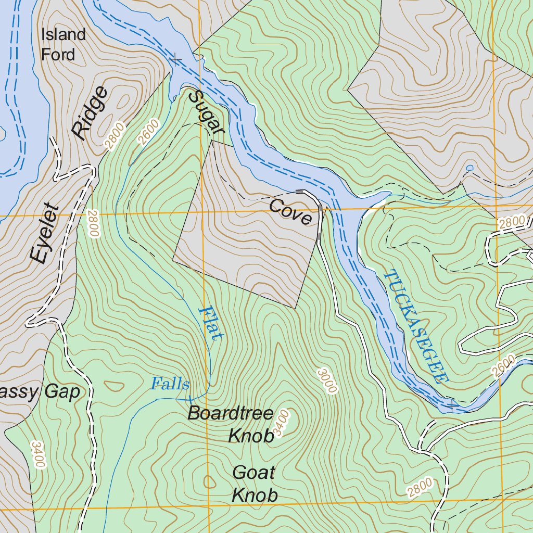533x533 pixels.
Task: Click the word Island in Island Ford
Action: click(x=64, y=35)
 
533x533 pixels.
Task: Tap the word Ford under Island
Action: click(x=58, y=54)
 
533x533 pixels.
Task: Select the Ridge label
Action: click(x=90, y=113)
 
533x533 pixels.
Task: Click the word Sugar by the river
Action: click(x=206, y=107)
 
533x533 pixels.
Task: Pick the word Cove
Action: click(x=291, y=212)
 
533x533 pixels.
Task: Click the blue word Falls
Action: click(x=170, y=384)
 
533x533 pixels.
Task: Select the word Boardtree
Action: click(x=230, y=413)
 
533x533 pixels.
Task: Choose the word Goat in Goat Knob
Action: click(x=253, y=473)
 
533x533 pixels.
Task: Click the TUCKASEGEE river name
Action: click(x=416, y=326)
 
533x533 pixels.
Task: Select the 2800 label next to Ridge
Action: click(x=115, y=135)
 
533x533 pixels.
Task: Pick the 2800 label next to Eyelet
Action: click(x=93, y=224)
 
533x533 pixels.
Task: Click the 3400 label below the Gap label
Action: click(x=39, y=454)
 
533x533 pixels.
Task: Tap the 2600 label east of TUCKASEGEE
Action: click(x=504, y=365)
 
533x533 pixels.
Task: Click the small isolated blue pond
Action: click(x=471, y=168)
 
